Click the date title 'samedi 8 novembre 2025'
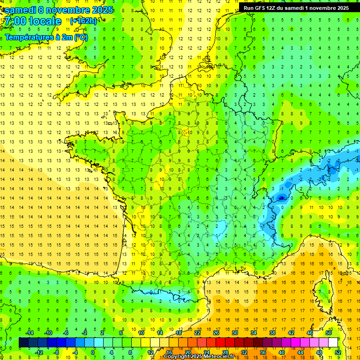tap(59, 10)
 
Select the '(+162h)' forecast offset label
tap(83, 21)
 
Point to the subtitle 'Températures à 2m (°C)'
tap(46, 37)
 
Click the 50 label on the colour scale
tap(329, 332)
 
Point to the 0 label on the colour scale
tap(93, 352)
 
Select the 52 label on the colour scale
tap(337, 352)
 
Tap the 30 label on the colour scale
tap(235, 332)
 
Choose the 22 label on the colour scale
tap(197, 332)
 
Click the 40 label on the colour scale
tap(281, 352)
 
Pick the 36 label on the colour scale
tap(262, 352)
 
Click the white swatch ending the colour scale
tap(333, 343)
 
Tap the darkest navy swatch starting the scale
tap(23, 343)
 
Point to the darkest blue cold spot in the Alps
tap(281, 198)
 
